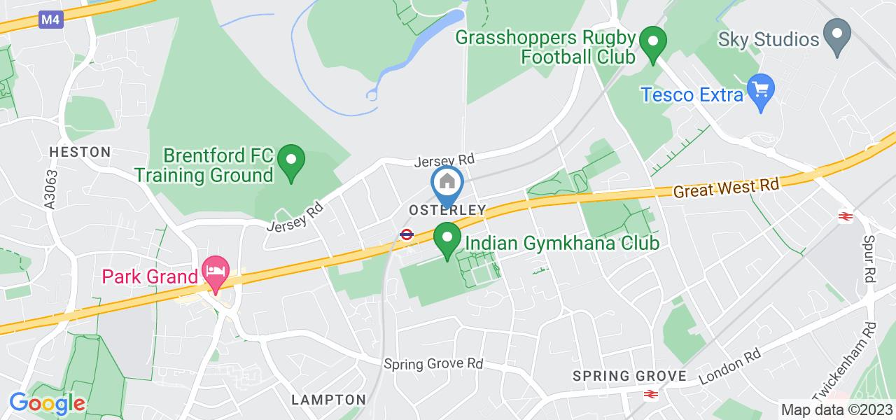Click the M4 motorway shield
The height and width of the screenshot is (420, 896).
coord(50,20)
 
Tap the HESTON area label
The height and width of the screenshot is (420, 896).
coord(80,152)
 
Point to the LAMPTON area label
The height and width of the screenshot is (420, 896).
coord(329,400)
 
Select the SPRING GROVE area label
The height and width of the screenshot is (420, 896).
coord(629,376)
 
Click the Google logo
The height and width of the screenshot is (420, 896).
coord(47,403)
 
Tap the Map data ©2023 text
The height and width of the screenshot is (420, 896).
coord(837,410)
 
